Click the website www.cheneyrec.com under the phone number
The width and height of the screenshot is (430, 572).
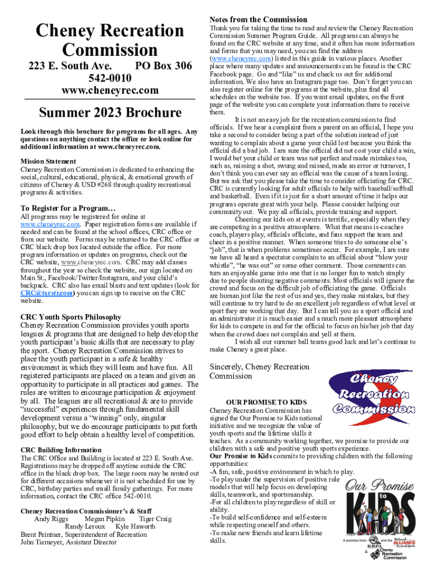[x=109, y=90]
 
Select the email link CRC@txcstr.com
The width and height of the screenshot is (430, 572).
[x=46, y=293]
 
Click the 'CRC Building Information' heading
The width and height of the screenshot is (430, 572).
[x=61, y=450]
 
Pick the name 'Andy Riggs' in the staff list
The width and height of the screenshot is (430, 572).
[x=51, y=518]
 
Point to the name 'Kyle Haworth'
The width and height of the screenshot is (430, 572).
[x=135, y=526]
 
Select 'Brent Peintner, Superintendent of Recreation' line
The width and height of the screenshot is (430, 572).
[x=84, y=534]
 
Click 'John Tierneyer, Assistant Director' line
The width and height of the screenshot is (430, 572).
[x=69, y=542]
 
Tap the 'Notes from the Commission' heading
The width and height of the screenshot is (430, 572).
[x=258, y=20]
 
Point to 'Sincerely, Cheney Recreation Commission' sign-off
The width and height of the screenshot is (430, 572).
[x=259, y=371]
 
